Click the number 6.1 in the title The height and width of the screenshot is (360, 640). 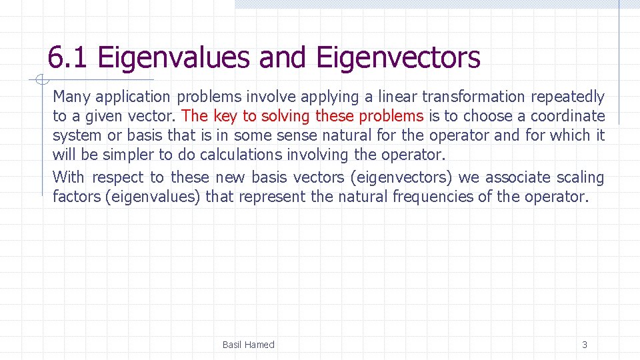(67, 58)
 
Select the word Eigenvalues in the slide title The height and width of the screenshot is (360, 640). (173, 58)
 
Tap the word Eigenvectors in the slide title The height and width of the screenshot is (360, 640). (398, 58)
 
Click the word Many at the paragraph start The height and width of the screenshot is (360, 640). (70, 97)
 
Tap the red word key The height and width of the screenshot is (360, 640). (225, 117)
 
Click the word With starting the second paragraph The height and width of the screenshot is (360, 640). (69, 177)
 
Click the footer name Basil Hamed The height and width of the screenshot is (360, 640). (248, 345)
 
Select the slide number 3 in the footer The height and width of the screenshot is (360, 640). (585, 345)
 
